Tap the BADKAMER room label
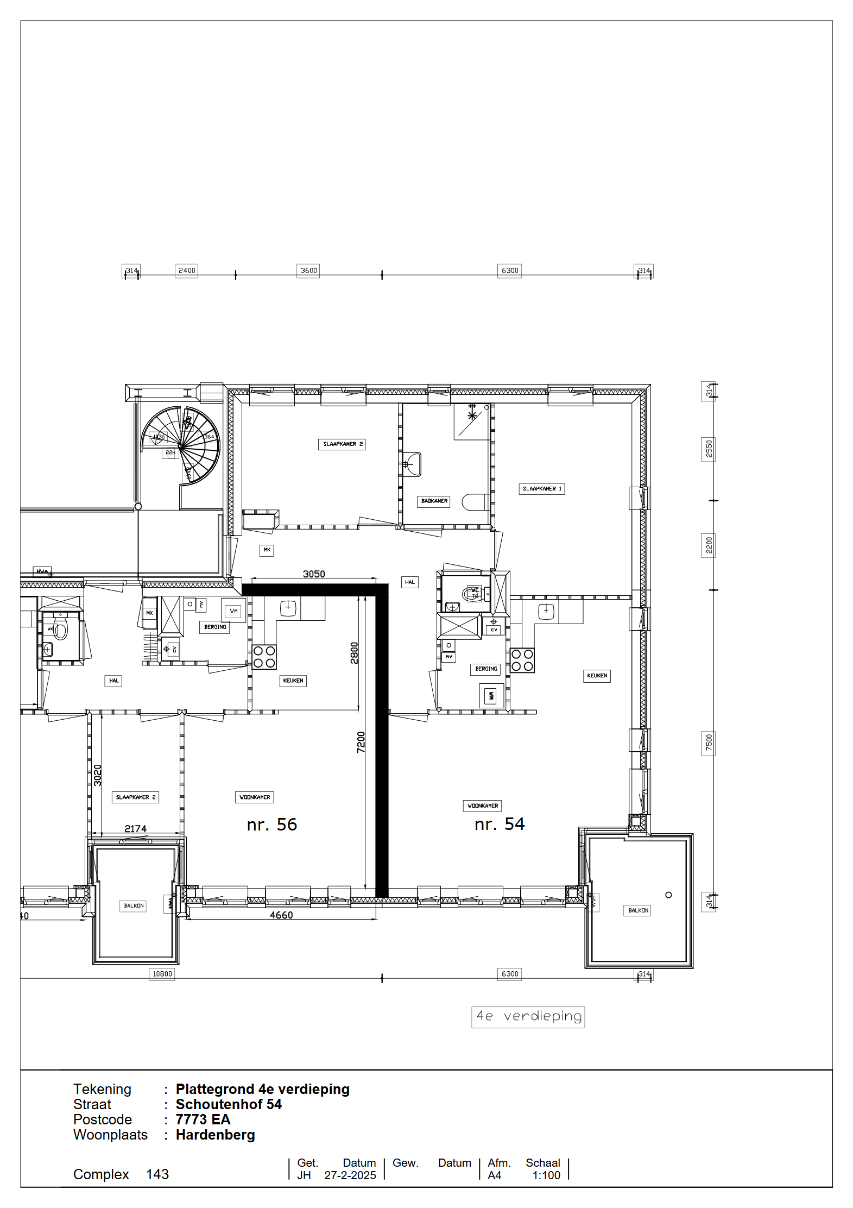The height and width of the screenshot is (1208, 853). [434, 501]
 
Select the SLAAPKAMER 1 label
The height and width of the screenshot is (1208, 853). [542, 489]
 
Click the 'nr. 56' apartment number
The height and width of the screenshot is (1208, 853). [271, 825]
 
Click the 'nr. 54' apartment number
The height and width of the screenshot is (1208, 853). [500, 824]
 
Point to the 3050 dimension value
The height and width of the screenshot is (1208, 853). [314, 574]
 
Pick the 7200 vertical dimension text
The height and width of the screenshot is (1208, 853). [361, 743]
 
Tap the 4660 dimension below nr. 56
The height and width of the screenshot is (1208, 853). [281, 915]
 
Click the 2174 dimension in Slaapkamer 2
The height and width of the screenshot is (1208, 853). [135, 829]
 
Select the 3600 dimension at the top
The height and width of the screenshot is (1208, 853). [309, 270]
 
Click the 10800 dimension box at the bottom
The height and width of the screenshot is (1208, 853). [162, 974]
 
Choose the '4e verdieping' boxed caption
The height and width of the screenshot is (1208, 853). [528, 1016]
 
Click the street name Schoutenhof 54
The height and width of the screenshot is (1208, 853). [229, 1104]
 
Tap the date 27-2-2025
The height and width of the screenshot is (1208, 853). [350, 1175]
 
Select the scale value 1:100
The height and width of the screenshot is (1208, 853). [546, 1175]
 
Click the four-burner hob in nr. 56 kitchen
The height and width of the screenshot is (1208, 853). [264, 657]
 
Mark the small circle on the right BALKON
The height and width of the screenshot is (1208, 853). [668, 895]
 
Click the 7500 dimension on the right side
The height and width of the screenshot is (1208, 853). [709, 742]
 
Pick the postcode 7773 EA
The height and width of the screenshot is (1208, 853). [203, 1119]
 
